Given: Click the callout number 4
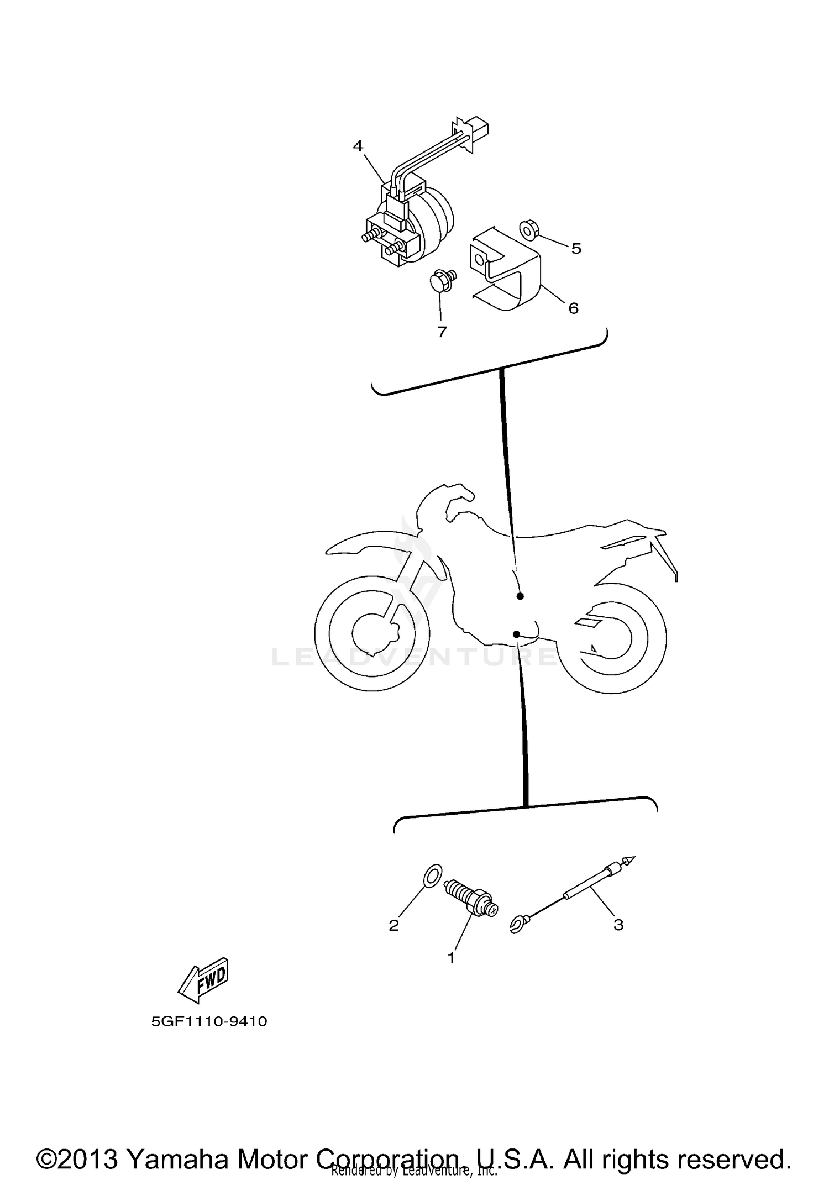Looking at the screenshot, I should tap(358, 146).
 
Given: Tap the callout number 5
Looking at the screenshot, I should tap(576, 249).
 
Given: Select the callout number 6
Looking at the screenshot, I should tap(573, 308).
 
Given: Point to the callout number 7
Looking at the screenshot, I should tap(442, 332).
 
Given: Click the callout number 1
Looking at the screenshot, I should tap(451, 958).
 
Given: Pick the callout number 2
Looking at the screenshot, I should tap(393, 925).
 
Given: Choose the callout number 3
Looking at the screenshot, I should tap(618, 924).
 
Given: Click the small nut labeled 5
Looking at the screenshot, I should tap(528, 229).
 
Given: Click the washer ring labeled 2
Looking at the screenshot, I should tap(433, 876).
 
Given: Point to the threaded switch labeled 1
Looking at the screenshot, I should tap(471, 898).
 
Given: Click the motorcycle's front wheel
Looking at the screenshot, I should tap(371, 633).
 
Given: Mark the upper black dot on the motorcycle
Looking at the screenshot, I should tap(520, 596).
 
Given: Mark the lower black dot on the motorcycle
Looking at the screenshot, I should tap(516, 634).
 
